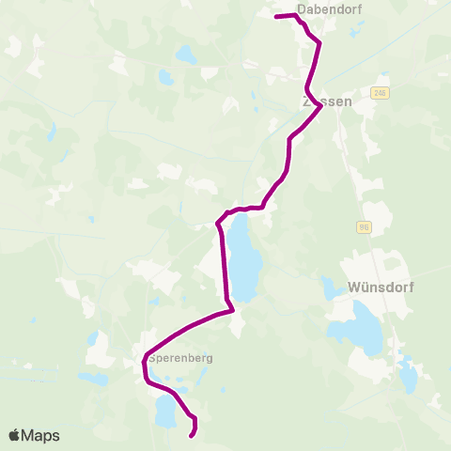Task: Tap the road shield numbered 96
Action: click(364, 227)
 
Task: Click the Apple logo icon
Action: click(14, 435)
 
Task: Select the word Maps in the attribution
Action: click(41, 435)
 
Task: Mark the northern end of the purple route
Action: click(275, 17)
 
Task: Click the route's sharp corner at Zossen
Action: click(321, 105)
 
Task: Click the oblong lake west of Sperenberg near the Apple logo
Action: click(95, 380)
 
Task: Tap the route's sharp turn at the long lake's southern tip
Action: click(232, 306)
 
